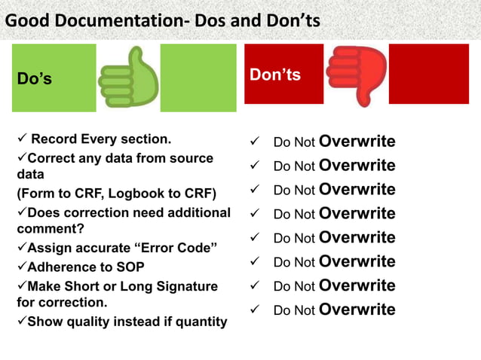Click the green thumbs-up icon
[x=129, y=78]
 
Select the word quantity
[x=198, y=322]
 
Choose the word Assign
[x=49, y=249]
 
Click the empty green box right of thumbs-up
[x=193, y=78]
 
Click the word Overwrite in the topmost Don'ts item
[x=357, y=142]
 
